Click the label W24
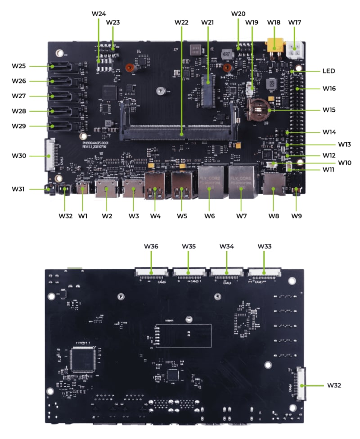(x=99, y=13)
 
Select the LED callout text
(x=328, y=71)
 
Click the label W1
(x=83, y=216)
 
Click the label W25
(x=19, y=66)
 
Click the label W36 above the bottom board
(x=151, y=246)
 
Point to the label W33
(x=264, y=246)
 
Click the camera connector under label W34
(x=226, y=272)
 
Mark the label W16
(x=329, y=88)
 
